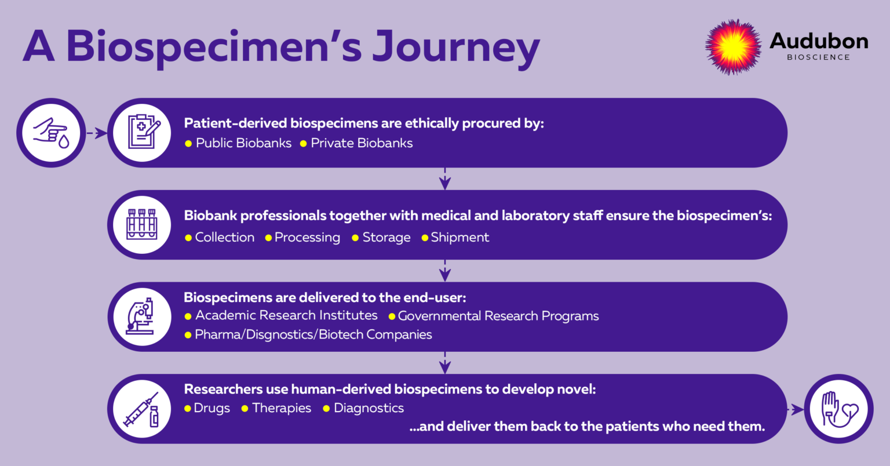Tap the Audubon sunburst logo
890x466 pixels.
pyautogui.click(x=733, y=47)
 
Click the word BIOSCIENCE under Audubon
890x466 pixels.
pyautogui.click(x=818, y=57)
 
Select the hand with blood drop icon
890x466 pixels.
pyautogui.click(x=51, y=133)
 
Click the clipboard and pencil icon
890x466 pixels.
pyautogui.click(x=143, y=132)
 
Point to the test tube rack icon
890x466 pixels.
pyautogui.click(x=142, y=225)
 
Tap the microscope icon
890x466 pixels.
pyautogui.click(x=142, y=316)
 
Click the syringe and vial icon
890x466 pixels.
pyautogui.click(x=142, y=409)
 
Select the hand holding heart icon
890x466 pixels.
pyautogui.click(x=839, y=409)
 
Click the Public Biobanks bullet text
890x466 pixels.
pyautogui.click(x=243, y=143)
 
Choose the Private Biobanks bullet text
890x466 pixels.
pyautogui.click(x=362, y=143)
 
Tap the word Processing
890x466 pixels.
pyautogui.click(x=307, y=238)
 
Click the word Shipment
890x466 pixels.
pyautogui.click(x=460, y=238)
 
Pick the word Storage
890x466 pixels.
pyautogui.click(x=386, y=238)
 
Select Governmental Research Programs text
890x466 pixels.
pyautogui.click(x=498, y=316)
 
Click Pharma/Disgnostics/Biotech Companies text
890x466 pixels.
pyautogui.click(x=313, y=334)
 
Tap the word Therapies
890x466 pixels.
pyautogui.click(x=282, y=408)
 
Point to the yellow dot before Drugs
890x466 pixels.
pyautogui.click(x=188, y=409)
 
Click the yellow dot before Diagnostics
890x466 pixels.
pyautogui.click(x=327, y=409)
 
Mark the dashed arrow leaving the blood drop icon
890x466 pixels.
pyautogui.click(x=97, y=133)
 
